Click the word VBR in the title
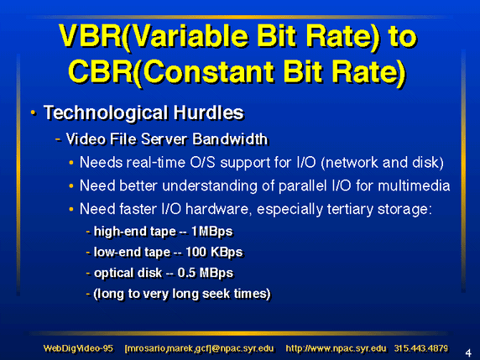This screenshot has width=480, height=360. click(x=90, y=36)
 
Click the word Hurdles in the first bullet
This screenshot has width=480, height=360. click(x=208, y=112)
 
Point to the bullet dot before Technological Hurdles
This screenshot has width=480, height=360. click(x=33, y=113)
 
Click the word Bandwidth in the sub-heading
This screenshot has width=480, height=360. click(x=230, y=139)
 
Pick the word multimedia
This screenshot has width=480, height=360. click(x=414, y=185)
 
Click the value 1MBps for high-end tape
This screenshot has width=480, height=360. click(x=211, y=232)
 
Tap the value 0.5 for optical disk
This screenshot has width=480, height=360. click(x=186, y=273)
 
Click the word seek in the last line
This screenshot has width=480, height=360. click(x=216, y=293)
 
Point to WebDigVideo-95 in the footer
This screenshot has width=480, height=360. click(x=78, y=348)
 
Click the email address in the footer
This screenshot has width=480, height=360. click(x=199, y=349)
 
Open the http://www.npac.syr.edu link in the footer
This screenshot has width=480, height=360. click(x=336, y=349)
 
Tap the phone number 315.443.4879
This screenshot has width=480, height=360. click(x=421, y=348)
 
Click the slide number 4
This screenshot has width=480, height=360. click(x=468, y=353)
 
